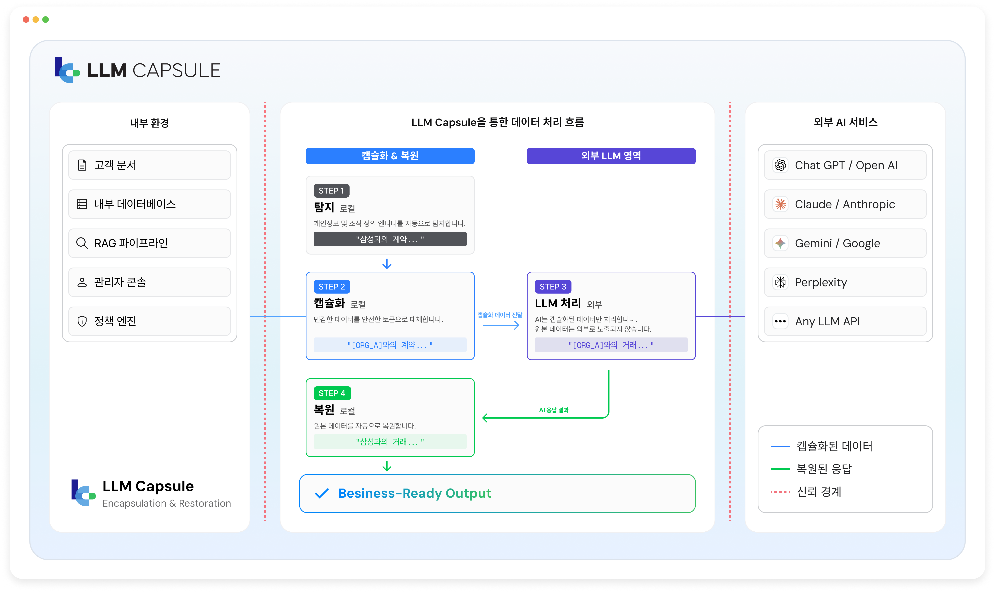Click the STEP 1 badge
coord(331,191)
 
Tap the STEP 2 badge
coord(332,286)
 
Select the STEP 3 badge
coord(553,286)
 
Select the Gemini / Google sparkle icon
coord(780,243)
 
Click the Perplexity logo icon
coord(780,282)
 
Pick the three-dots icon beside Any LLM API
coord(780,321)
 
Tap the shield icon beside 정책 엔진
coord(82,321)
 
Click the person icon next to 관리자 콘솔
coord(82,282)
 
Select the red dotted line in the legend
coord(780,492)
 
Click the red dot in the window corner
coord(26,20)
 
